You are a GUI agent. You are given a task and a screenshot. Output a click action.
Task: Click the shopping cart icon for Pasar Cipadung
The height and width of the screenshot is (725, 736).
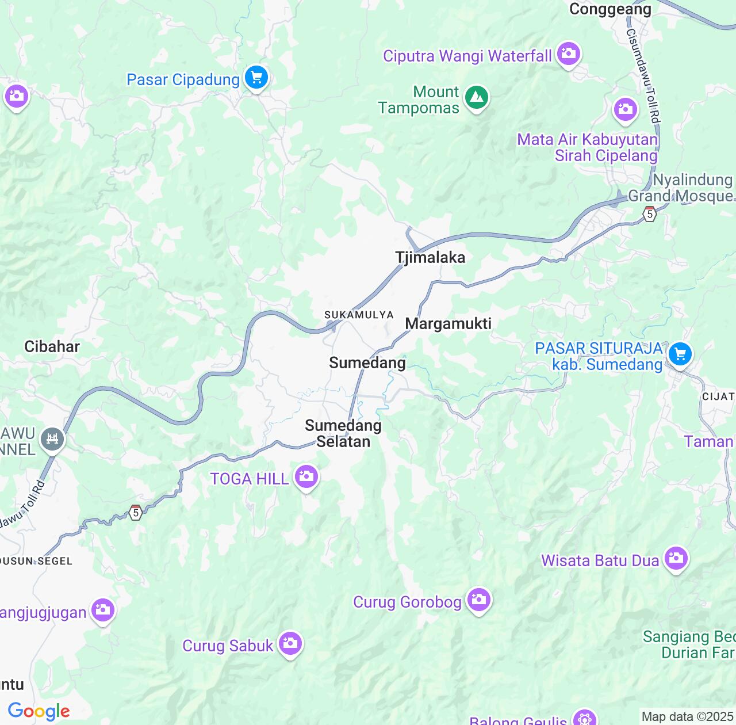tap(256, 77)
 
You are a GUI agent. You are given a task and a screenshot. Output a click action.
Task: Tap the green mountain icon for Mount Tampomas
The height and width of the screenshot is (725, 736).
tap(476, 97)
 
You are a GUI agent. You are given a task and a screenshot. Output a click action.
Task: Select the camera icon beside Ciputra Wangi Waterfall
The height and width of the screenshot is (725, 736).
tap(569, 54)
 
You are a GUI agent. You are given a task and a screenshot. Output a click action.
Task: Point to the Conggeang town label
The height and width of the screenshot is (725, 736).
tap(610, 9)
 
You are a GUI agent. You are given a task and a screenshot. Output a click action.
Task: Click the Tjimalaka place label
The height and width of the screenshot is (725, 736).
tap(430, 258)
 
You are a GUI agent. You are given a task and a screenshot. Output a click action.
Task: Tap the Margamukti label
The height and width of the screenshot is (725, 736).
tap(448, 324)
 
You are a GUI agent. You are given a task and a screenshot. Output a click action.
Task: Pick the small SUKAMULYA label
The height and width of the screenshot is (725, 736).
tap(359, 315)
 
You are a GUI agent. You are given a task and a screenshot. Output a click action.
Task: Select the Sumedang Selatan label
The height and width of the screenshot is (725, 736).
tap(343, 433)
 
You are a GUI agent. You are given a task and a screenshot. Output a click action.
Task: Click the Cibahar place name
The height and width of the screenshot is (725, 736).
tap(52, 346)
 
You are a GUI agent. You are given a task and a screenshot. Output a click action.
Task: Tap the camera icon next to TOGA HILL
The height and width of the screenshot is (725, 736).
tap(306, 476)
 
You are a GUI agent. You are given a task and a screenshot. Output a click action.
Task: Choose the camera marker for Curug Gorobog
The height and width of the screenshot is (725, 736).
tap(478, 600)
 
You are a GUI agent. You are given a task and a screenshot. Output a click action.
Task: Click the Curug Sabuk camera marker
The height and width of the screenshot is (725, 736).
tap(290, 643)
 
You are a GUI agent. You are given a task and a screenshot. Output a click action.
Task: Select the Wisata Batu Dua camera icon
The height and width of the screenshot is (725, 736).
tap(676, 558)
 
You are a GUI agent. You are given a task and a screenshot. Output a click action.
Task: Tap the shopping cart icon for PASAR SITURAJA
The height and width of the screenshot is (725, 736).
tap(680, 354)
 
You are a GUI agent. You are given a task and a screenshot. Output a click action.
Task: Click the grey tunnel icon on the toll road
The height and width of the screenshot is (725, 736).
tap(52, 440)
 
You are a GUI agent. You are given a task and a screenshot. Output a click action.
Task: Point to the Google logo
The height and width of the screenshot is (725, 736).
tap(39, 711)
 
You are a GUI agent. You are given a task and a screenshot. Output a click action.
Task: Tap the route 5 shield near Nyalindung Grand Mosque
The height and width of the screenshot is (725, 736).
tap(650, 214)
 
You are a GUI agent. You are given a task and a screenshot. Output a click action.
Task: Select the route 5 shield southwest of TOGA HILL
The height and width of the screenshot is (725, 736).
tap(135, 512)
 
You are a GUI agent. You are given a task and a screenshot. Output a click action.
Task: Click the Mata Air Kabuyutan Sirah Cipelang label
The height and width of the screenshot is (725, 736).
tap(587, 147)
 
